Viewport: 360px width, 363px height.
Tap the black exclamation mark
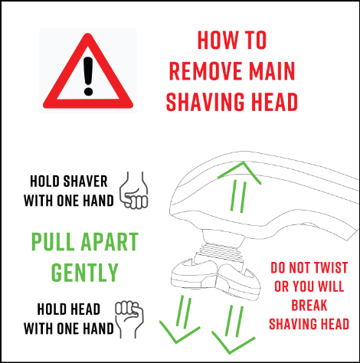(88, 76)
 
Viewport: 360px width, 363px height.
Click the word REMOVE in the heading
(205, 71)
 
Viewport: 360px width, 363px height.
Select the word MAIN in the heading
(272, 71)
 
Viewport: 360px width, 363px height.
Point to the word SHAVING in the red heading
(205, 102)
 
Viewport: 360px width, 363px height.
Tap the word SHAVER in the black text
(85, 181)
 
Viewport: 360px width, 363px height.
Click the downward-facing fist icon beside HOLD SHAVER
(134, 191)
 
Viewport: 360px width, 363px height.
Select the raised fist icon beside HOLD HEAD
(129, 319)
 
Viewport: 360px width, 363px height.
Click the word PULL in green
(53, 241)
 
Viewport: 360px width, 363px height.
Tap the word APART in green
(110, 241)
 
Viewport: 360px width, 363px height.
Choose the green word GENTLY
(85, 273)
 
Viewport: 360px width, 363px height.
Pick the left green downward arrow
(180, 319)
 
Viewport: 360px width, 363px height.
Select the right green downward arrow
(234, 329)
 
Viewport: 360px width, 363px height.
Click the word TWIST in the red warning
(331, 268)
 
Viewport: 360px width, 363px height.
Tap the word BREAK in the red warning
(309, 306)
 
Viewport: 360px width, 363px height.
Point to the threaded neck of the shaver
(221, 250)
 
